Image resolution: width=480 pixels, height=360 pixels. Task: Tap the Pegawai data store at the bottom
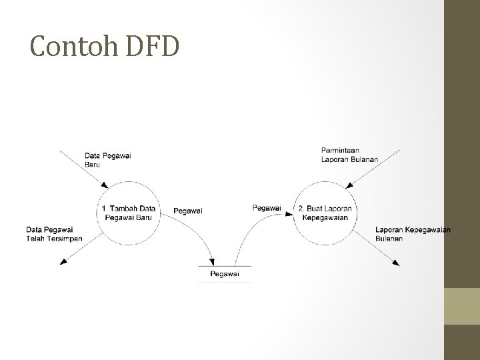click(225, 274)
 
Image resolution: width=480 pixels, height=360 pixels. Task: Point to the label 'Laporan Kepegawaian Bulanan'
click(413, 234)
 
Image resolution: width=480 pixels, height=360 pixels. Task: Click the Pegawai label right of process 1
click(188, 211)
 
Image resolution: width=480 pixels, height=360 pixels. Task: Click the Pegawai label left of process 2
click(267, 208)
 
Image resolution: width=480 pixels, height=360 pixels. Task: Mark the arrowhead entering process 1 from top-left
click(103, 185)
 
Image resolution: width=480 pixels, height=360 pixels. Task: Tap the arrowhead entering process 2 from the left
click(289, 214)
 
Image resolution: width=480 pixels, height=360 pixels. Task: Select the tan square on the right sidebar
click(461, 305)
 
